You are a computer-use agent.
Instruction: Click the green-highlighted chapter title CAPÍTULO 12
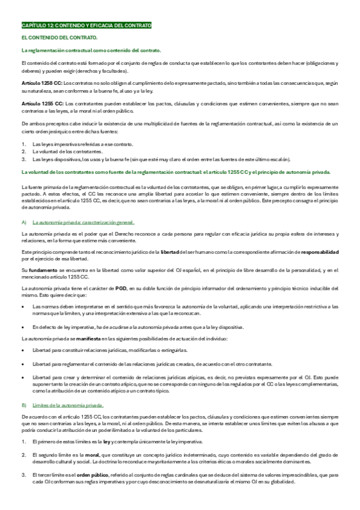86,26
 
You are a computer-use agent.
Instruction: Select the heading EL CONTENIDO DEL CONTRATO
51,38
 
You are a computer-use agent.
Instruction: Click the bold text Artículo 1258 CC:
41,82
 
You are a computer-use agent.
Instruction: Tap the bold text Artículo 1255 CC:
41,103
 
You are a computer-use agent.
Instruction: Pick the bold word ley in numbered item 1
116,441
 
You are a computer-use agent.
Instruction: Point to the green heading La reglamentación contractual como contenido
90,51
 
